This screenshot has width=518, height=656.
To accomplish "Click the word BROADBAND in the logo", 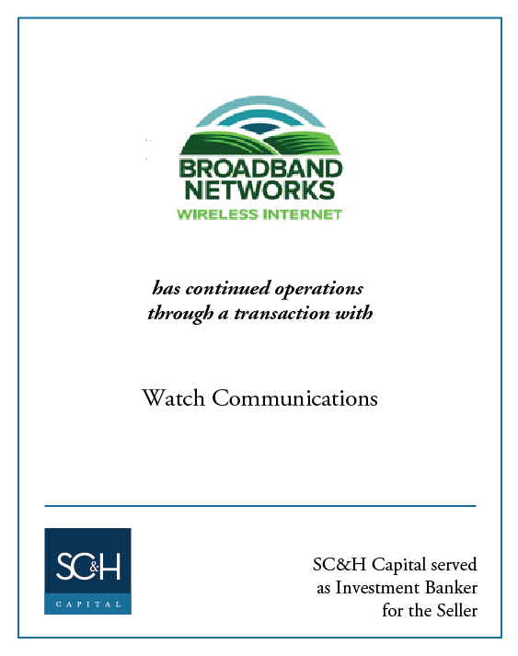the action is [260, 169].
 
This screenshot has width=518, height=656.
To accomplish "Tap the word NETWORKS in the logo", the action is [259, 190].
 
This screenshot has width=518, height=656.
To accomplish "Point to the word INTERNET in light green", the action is [302, 214].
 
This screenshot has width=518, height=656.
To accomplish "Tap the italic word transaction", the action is [282, 314].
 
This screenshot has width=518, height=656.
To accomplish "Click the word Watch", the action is [173, 397].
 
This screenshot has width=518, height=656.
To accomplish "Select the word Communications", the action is [294, 397].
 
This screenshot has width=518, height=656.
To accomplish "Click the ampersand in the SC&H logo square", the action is [94, 567].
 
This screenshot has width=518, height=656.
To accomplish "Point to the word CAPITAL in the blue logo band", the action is [88, 604].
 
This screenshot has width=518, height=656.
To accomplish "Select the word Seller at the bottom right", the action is [457, 610].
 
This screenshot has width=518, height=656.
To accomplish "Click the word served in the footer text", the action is [454, 565].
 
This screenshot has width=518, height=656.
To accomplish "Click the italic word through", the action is [180, 314].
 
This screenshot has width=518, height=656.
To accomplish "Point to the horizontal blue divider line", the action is [260, 506].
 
